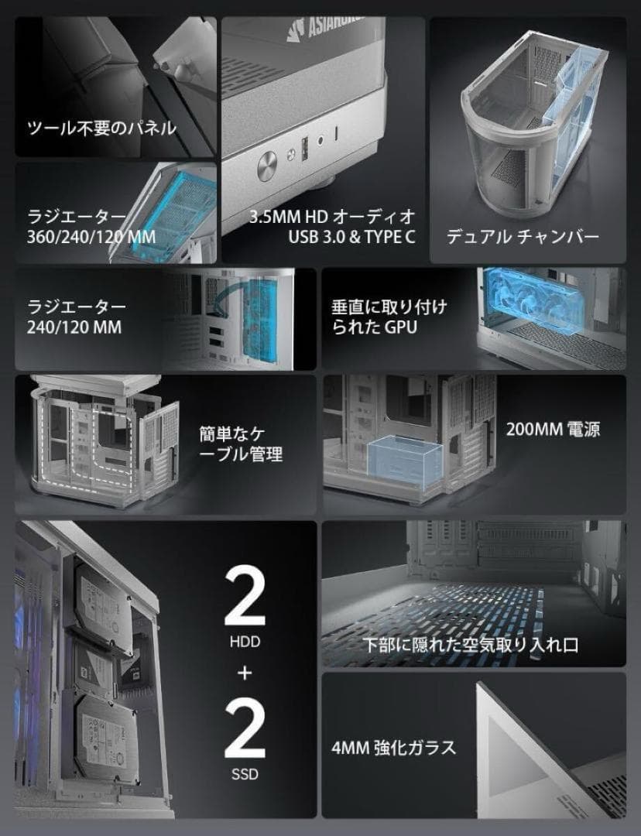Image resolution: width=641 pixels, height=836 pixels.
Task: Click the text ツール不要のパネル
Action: (x=101, y=128)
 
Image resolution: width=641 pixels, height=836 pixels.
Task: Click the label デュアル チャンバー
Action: (x=523, y=236)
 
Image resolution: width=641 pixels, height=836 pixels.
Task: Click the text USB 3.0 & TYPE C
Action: (x=352, y=236)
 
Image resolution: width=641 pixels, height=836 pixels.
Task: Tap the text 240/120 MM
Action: (x=74, y=327)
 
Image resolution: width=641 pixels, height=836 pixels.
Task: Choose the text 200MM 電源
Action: (x=553, y=429)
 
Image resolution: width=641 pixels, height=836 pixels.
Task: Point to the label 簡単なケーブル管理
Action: (x=241, y=442)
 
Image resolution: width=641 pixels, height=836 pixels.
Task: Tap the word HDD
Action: (x=245, y=642)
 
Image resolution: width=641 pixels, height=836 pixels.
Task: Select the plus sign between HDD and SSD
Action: (x=245, y=673)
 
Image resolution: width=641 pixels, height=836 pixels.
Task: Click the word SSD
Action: (x=245, y=774)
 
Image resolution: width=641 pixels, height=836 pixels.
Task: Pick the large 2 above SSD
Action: (x=245, y=729)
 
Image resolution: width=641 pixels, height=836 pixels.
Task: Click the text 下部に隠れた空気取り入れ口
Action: (x=472, y=645)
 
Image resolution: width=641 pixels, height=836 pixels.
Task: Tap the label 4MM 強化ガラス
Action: (x=392, y=748)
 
